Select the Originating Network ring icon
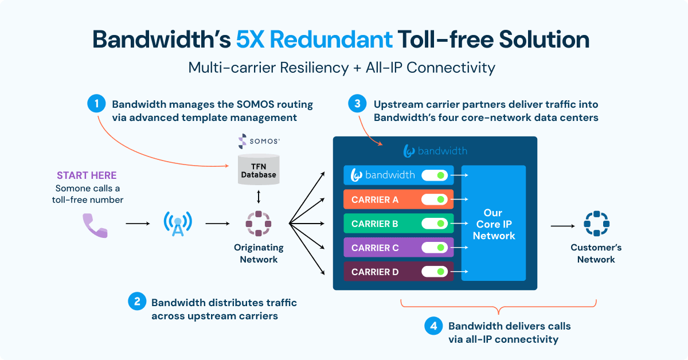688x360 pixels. click(x=258, y=224)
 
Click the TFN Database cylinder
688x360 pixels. click(x=258, y=169)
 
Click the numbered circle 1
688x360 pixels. click(x=97, y=104)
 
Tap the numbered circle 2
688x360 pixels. click(x=138, y=302)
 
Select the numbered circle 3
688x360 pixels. click(x=358, y=104)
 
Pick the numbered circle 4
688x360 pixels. click(x=434, y=326)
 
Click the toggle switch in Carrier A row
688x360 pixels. click(x=435, y=199)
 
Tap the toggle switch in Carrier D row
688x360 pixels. click(x=435, y=272)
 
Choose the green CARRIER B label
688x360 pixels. click(x=375, y=224)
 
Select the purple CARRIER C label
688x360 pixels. click(x=375, y=248)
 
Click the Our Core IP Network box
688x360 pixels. click(x=493, y=224)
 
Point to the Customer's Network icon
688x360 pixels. click(x=596, y=224)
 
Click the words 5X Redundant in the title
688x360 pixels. click(x=314, y=40)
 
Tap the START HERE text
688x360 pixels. click(x=87, y=175)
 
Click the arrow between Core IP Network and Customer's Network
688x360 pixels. click(x=562, y=225)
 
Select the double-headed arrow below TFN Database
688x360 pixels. click(x=259, y=197)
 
